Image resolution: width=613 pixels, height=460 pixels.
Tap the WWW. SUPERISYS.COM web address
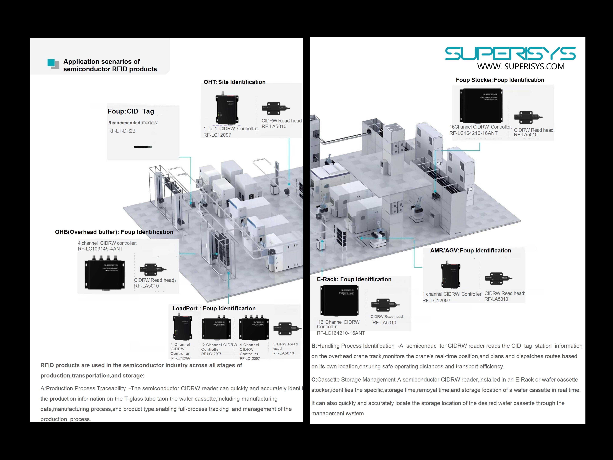point(521,66)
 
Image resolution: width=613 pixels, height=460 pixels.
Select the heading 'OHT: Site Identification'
point(235,82)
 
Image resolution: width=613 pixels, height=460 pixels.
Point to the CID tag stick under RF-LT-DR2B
point(143,147)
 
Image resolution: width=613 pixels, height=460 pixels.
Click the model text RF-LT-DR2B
point(122,131)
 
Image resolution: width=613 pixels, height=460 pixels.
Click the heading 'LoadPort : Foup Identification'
point(214,308)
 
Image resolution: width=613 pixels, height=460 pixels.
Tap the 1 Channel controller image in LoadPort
point(182,327)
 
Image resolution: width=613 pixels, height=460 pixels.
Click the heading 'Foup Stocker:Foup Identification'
point(500,80)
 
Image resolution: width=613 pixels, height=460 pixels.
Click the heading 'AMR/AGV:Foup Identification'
point(470,250)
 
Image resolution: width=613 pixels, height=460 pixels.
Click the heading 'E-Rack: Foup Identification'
point(354,279)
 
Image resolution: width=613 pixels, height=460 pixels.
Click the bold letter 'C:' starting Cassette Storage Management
point(314,380)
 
